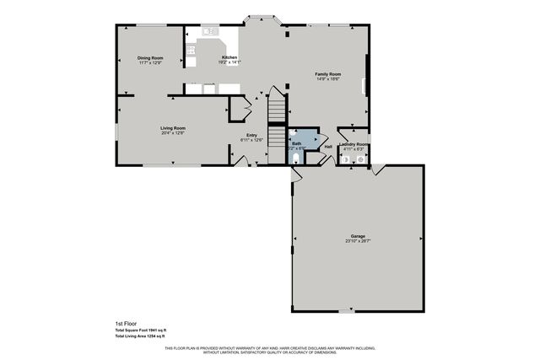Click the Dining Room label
pos(149,57)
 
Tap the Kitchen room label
pos(229,57)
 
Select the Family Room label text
pos(327,74)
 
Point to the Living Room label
pos(172,128)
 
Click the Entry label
pos(251,135)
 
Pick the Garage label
pos(358,236)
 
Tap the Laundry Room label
pos(353,145)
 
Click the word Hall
pos(328,148)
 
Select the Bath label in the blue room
pos(296,144)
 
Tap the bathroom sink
pos(293,133)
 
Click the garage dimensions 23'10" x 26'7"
pos(358,241)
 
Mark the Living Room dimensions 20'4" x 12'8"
pos(172,133)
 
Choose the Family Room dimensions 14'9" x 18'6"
pos(327,79)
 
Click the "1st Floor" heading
pos(125,323)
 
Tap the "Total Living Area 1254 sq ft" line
pos(140,336)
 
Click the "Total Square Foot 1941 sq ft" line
pos(141,330)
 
